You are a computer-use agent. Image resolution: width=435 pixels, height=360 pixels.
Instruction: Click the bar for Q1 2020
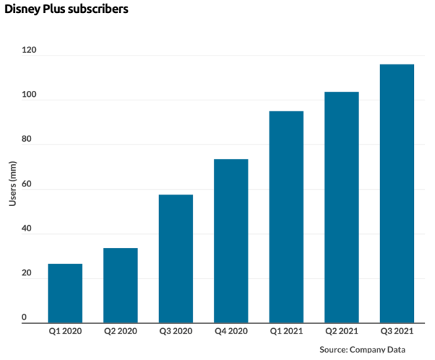[x=65, y=293]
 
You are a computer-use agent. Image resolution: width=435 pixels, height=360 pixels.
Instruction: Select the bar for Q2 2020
[x=120, y=285]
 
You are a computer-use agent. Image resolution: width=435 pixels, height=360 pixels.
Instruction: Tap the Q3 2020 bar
[x=176, y=258]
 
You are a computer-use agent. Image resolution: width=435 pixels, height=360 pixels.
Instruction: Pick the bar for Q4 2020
[x=231, y=241]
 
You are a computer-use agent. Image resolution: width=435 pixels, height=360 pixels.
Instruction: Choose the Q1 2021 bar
[x=286, y=217]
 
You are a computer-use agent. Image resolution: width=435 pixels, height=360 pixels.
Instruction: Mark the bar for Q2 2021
[x=341, y=207]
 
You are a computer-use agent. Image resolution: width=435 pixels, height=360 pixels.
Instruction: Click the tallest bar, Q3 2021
[x=396, y=193]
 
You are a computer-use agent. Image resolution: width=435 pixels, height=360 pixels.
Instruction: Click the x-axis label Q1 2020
[x=65, y=332]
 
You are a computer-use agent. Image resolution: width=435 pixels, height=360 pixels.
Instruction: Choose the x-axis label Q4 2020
[x=231, y=332]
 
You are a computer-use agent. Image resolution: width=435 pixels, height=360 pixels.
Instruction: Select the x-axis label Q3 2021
[x=396, y=332]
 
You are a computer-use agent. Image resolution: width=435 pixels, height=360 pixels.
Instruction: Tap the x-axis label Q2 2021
[x=341, y=332]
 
